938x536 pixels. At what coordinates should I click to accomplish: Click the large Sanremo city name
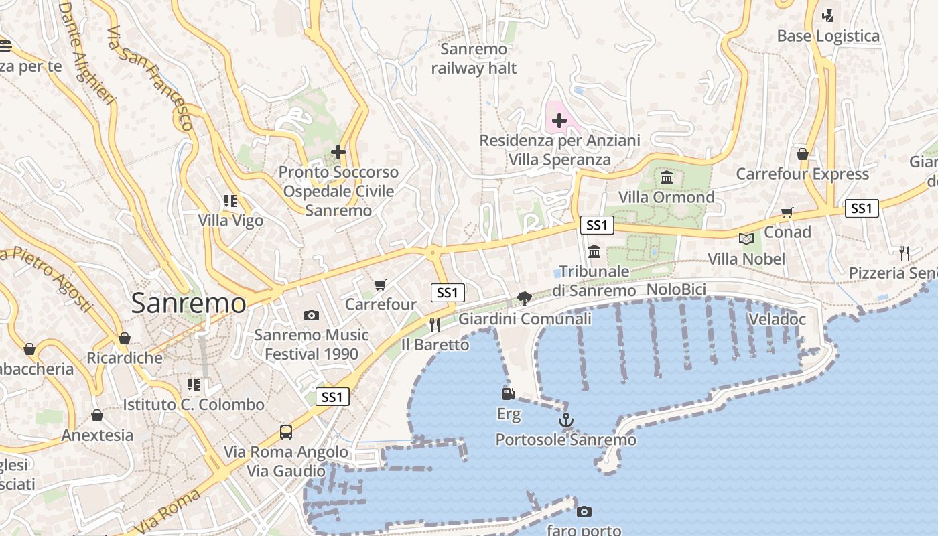pyautogui.click(x=189, y=303)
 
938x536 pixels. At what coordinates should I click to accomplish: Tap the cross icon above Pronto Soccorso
pyautogui.click(x=338, y=152)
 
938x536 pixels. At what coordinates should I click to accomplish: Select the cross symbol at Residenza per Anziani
pyautogui.click(x=559, y=121)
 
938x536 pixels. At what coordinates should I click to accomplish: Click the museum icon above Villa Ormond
pyautogui.click(x=667, y=178)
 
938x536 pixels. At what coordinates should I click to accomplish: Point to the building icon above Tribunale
pyautogui.click(x=594, y=252)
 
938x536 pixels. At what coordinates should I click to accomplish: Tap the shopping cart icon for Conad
pyautogui.click(x=787, y=213)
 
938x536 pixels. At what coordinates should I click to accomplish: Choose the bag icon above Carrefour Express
pyautogui.click(x=803, y=155)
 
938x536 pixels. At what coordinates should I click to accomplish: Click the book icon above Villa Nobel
pyautogui.click(x=746, y=239)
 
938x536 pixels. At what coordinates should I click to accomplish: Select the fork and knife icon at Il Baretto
pyautogui.click(x=435, y=325)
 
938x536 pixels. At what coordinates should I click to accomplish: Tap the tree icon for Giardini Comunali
pyautogui.click(x=525, y=298)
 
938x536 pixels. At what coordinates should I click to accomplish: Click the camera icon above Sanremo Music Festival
pyautogui.click(x=311, y=315)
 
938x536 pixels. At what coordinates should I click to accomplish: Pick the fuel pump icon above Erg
pyautogui.click(x=509, y=394)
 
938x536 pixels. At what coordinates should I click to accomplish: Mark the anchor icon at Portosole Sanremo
pyautogui.click(x=566, y=421)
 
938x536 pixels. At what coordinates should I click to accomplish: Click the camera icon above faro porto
pyautogui.click(x=584, y=512)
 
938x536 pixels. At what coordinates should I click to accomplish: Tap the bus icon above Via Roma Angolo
pyautogui.click(x=286, y=431)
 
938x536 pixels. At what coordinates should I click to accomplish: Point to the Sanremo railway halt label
pyautogui.click(x=474, y=58)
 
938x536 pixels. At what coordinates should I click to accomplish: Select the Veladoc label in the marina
pyautogui.click(x=777, y=319)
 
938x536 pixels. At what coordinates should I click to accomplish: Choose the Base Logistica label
pyautogui.click(x=828, y=36)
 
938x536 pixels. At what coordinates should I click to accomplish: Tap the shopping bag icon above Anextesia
pyautogui.click(x=97, y=415)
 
